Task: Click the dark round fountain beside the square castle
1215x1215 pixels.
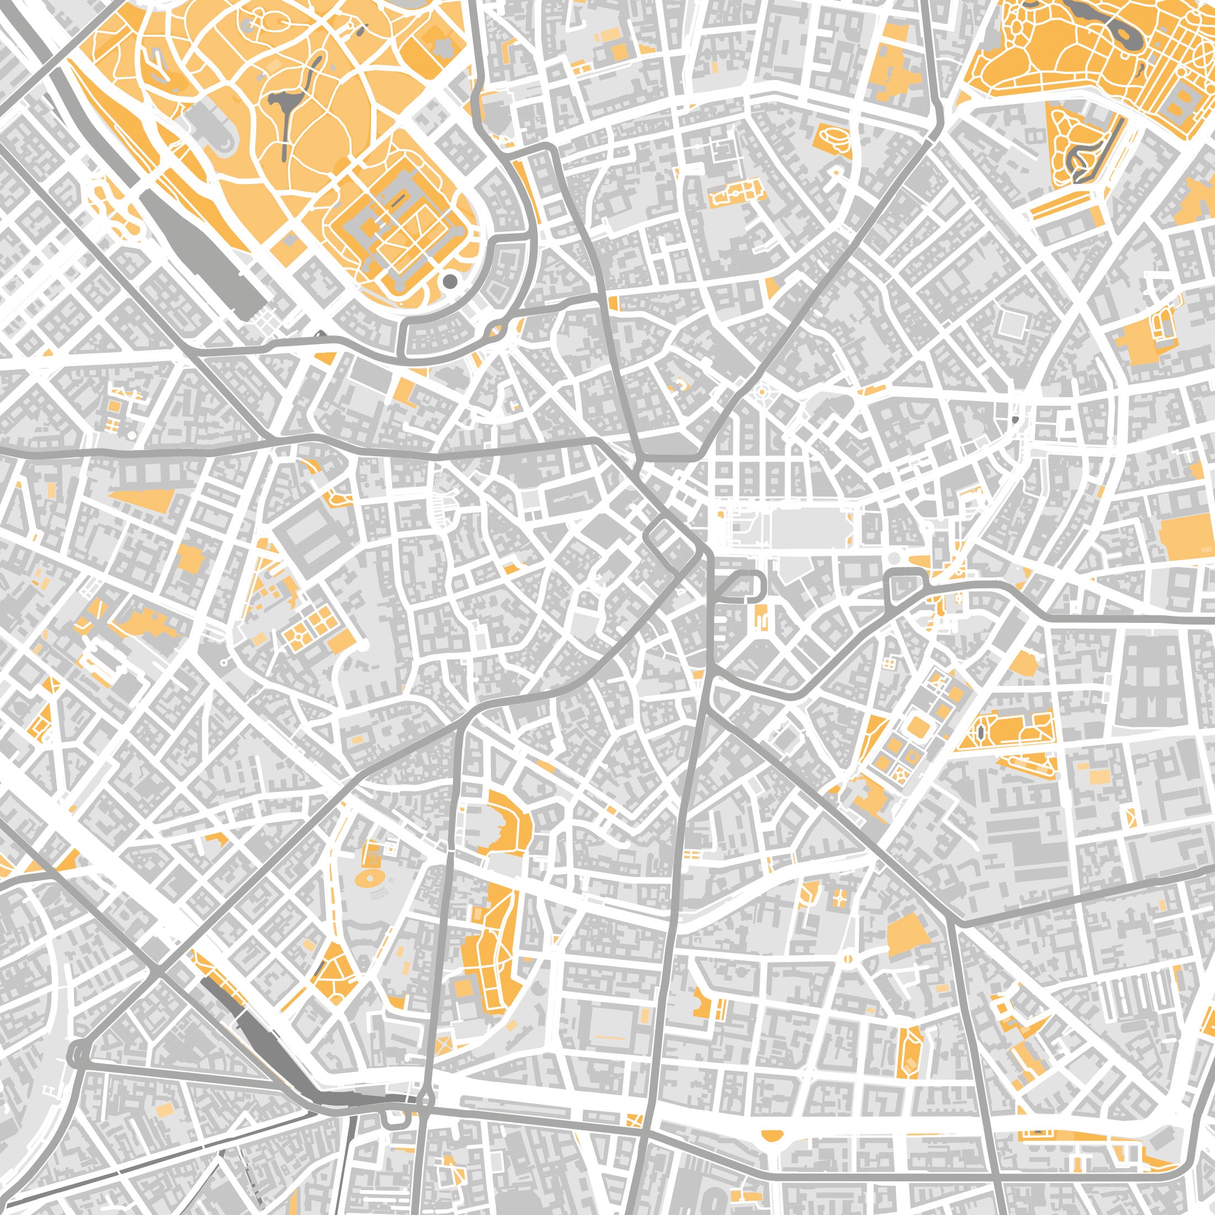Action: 450,281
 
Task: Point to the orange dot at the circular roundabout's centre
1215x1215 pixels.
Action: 762,393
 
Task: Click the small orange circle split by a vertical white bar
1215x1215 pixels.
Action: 848,960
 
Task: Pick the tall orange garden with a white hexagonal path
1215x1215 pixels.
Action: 910,1052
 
